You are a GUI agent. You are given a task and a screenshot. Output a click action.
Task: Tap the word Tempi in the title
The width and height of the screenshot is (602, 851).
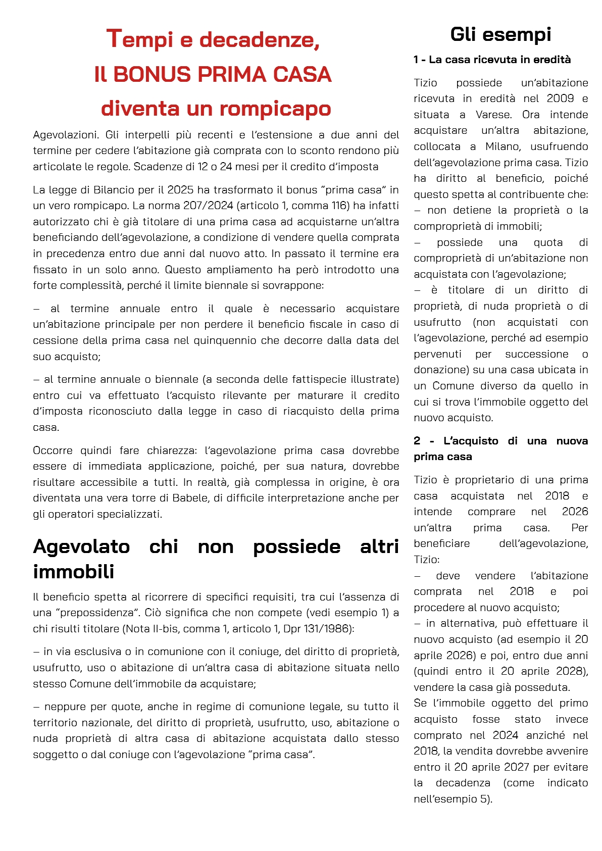[x=139, y=39]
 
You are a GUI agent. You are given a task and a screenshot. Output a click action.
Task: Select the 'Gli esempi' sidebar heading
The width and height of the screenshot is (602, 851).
[x=500, y=34]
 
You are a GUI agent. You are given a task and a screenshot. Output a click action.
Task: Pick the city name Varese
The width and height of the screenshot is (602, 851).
[x=493, y=115]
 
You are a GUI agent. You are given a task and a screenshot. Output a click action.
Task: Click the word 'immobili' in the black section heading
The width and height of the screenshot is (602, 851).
[x=74, y=572]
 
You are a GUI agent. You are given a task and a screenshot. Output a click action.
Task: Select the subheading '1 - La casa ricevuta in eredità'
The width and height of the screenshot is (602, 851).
[x=492, y=60]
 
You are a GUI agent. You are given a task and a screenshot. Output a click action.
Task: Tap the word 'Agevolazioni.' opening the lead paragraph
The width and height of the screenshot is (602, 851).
[x=66, y=135]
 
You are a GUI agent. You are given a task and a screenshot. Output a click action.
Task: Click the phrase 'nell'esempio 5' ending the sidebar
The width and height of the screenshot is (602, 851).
[x=452, y=798]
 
